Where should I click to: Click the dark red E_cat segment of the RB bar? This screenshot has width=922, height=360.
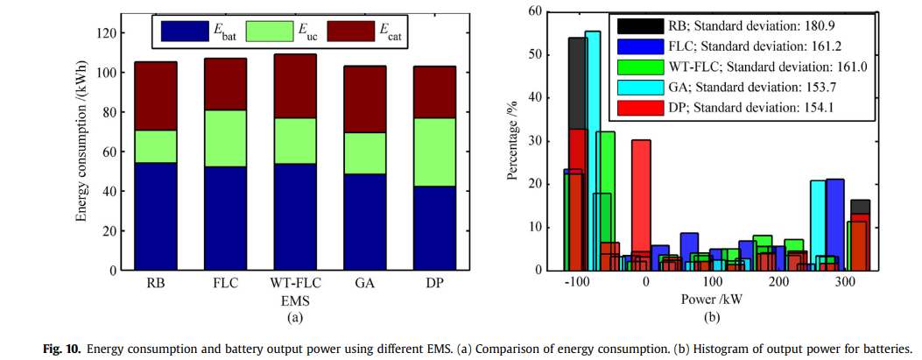[155, 95]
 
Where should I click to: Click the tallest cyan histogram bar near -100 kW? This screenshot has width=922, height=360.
[593, 131]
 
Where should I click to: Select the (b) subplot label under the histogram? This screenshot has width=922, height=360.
[713, 317]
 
